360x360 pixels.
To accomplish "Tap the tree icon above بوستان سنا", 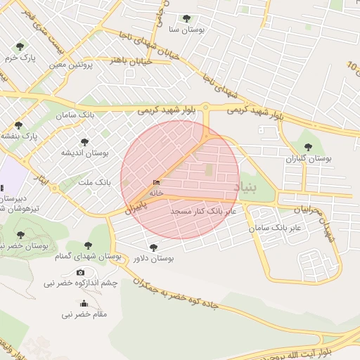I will [186, 18].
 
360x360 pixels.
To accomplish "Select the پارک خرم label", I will [20, 56].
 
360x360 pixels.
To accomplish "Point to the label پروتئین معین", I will [67, 65].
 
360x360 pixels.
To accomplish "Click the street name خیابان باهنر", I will [127, 60].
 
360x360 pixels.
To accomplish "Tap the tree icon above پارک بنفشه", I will [18, 124].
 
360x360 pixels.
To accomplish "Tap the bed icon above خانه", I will [155, 183].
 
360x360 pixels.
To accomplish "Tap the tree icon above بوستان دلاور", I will [154, 247].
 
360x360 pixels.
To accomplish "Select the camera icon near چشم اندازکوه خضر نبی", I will [80, 272].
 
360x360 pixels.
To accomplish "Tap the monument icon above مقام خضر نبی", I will [84, 304].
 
